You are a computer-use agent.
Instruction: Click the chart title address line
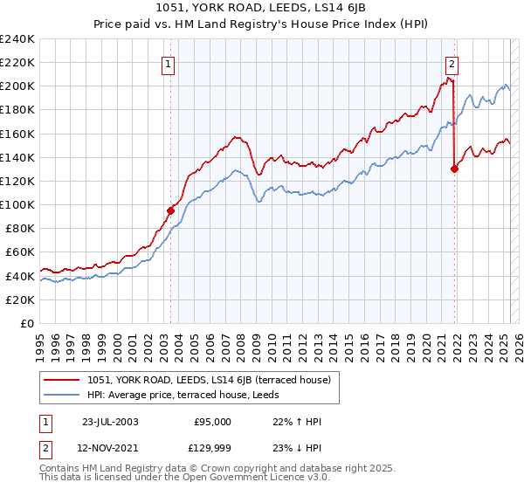pyautogui.click(x=261, y=9)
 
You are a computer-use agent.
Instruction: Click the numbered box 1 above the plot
pyautogui.click(x=167, y=63)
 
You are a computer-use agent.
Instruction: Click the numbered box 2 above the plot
pyautogui.click(x=452, y=63)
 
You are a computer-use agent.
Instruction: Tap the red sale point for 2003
pyautogui.click(x=171, y=210)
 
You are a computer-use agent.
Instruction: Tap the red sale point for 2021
pyautogui.click(x=454, y=169)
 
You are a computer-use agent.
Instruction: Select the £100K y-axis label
pyautogui.click(x=17, y=204)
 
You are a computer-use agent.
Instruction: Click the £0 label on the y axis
pyautogui.click(x=26, y=323)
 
